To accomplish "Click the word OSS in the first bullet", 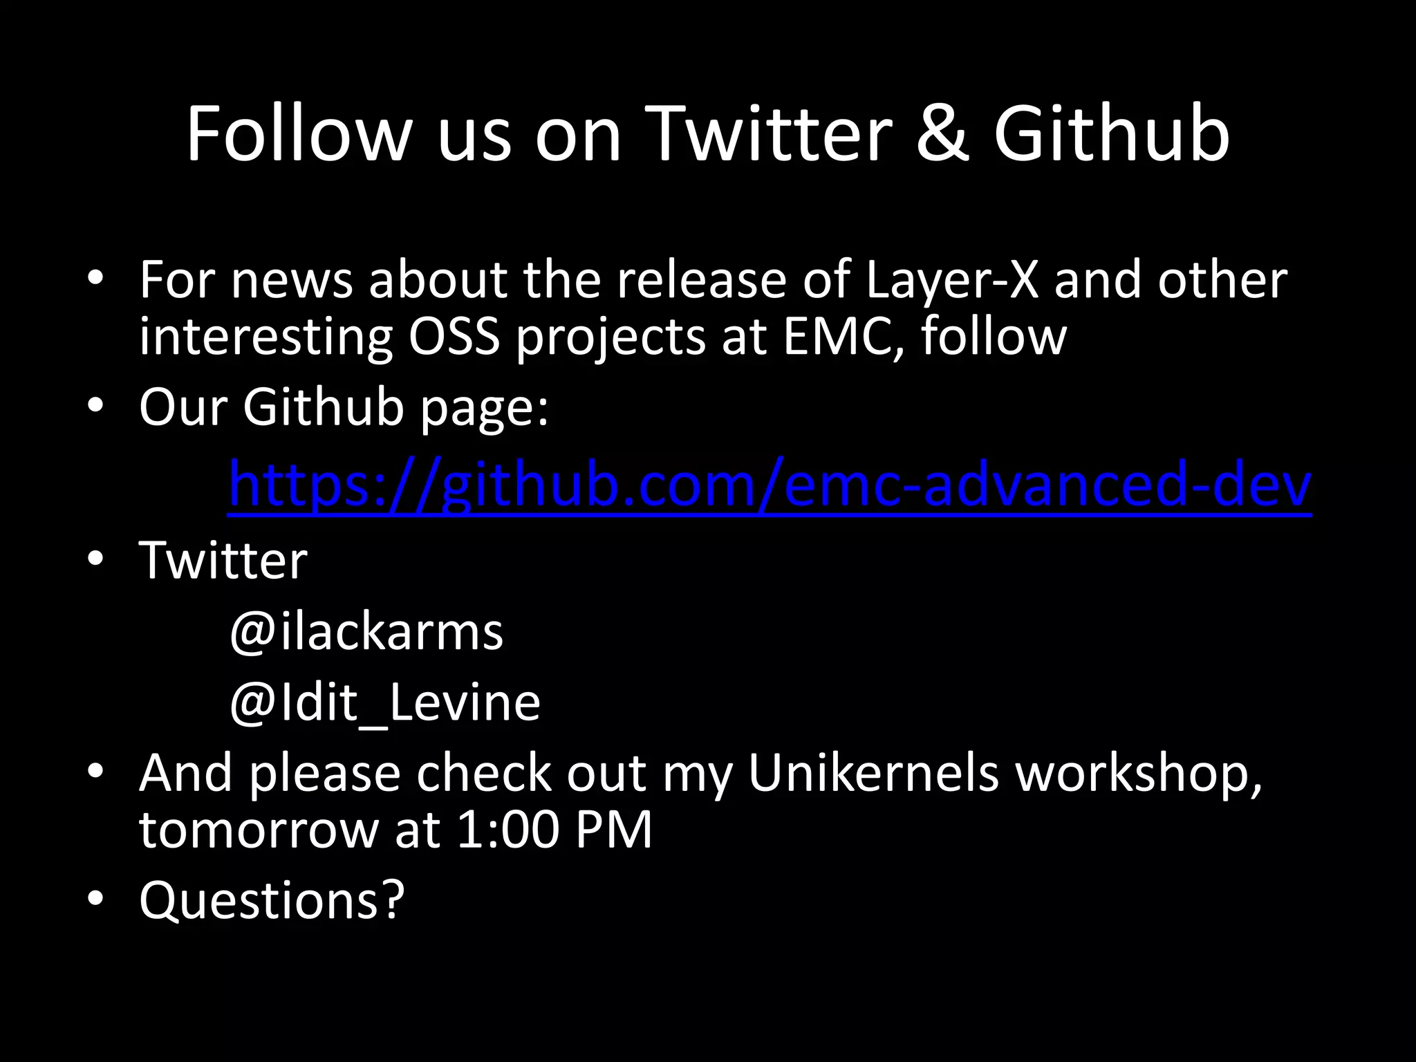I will [x=454, y=337].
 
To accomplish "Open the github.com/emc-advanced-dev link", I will [x=770, y=485].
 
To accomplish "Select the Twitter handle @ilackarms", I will [x=366, y=632].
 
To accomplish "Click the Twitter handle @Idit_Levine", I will [x=384, y=703].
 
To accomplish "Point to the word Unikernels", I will [x=873, y=773].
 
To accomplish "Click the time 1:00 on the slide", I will [x=507, y=829].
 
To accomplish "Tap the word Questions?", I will [x=272, y=900].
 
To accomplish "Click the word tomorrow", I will [x=258, y=829].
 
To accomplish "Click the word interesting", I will [x=265, y=337].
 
